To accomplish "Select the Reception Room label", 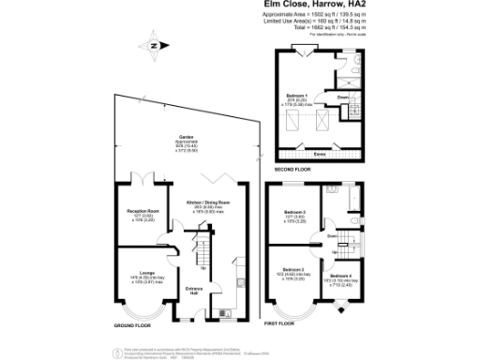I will [x=141, y=212].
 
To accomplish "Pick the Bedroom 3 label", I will [x=297, y=213].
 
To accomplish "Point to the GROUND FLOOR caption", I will [x=132, y=324].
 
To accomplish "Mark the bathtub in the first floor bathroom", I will [x=355, y=199].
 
